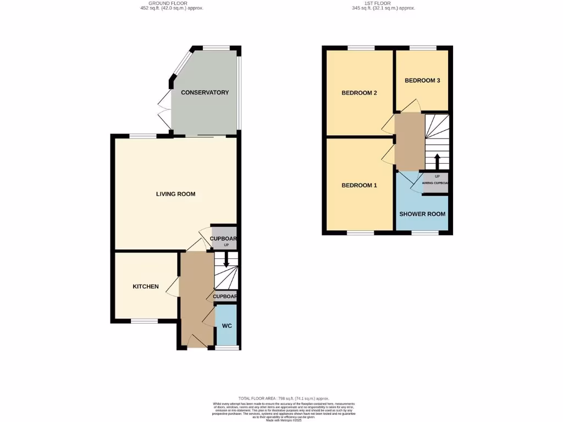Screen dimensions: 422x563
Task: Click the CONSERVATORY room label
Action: pyautogui.click(x=205, y=92)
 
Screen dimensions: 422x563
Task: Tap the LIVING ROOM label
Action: pyautogui.click(x=175, y=194)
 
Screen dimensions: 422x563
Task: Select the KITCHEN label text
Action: pyautogui.click(x=146, y=286)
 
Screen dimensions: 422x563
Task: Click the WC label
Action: pyautogui.click(x=227, y=326)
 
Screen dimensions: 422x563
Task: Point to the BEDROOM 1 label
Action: pyautogui.click(x=359, y=185)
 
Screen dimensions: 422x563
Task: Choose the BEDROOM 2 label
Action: pyautogui.click(x=359, y=93)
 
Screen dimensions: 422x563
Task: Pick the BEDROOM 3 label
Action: pyautogui.click(x=422, y=80)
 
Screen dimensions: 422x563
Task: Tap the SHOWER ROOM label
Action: pyautogui.click(x=422, y=214)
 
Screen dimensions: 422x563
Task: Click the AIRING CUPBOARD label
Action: pyautogui.click(x=436, y=183)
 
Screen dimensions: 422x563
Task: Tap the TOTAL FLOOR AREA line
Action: pyautogui.click(x=284, y=398)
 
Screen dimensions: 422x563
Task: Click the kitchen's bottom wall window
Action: pyautogui.click(x=144, y=320)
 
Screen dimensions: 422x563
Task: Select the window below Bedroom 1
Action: pyautogui.click(x=361, y=233)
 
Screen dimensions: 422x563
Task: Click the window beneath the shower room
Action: pyautogui.click(x=425, y=233)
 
